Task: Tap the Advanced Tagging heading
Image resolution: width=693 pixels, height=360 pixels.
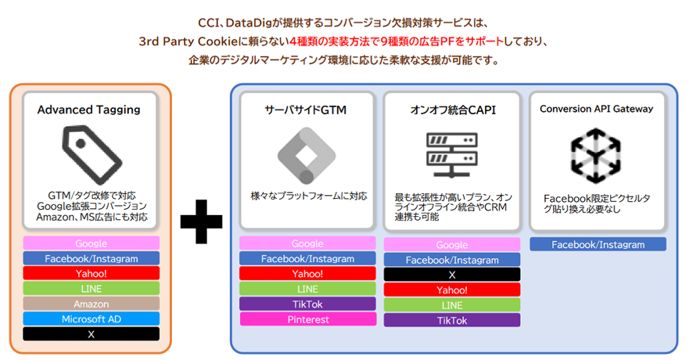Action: tap(89, 110)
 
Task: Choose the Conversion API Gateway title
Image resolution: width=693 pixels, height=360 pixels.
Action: tap(596, 109)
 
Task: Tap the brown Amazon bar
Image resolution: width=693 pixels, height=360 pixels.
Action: tap(91, 304)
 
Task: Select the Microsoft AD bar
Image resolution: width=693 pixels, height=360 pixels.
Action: tap(91, 319)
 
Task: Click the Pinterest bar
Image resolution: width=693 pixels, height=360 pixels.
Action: tap(307, 319)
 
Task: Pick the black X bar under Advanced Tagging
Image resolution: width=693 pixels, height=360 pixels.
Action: tap(91, 334)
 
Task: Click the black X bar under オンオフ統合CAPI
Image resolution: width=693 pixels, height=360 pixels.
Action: tap(452, 275)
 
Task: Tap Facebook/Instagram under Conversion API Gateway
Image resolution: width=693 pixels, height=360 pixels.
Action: tap(598, 244)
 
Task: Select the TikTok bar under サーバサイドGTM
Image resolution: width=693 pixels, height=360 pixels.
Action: tap(307, 304)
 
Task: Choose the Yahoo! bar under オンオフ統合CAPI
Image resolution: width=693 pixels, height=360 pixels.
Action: tap(452, 290)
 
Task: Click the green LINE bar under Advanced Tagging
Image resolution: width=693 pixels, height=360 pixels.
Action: tap(91, 289)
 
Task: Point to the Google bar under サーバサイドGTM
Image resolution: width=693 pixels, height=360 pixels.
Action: tap(307, 244)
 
